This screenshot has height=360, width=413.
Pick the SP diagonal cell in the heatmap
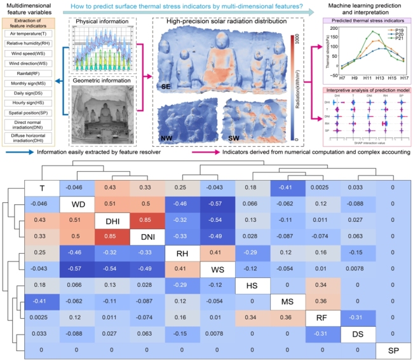coord(392,350)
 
